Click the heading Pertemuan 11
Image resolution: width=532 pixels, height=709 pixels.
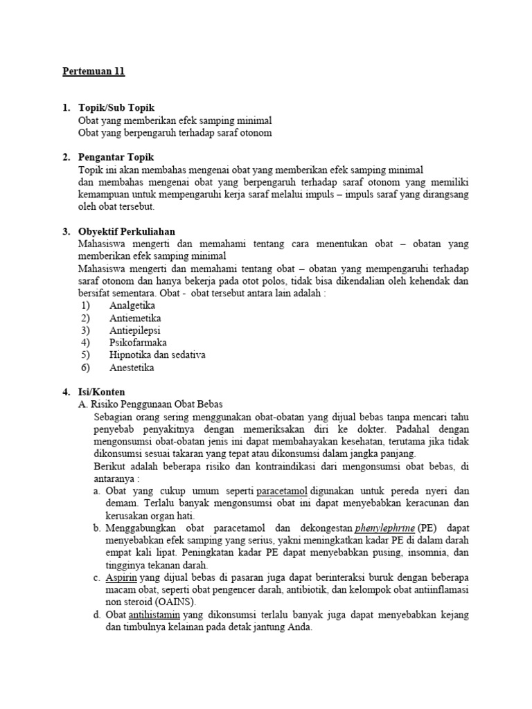[x=94, y=72]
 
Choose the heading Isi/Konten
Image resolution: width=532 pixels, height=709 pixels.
[x=102, y=392]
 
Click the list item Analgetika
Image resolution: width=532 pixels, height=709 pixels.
[x=132, y=305]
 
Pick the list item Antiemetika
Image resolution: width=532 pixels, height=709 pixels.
[x=135, y=318]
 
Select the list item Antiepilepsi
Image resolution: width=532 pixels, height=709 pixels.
[x=135, y=330]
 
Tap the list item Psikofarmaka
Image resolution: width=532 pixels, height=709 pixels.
[x=138, y=343]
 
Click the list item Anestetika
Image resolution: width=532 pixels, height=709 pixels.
[x=132, y=368]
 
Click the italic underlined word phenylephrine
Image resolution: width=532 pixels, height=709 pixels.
[x=384, y=529]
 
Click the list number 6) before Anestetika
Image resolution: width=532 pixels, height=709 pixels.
[x=86, y=368]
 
